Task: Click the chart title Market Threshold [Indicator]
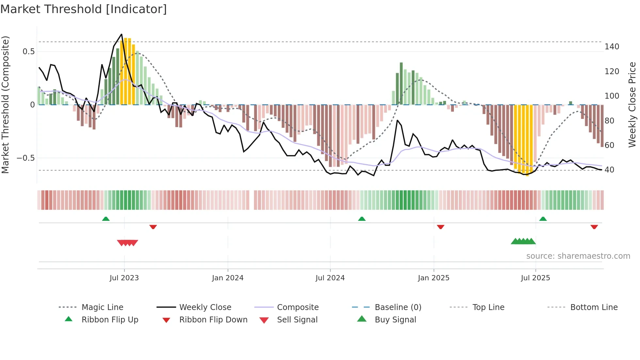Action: [x=84, y=9]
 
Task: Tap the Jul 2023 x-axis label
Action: [x=124, y=278]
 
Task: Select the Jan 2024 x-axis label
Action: [x=228, y=278]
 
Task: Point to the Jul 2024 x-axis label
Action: [x=330, y=278]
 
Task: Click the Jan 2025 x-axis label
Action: [x=433, y=278]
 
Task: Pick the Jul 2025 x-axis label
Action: [x=535, y=278]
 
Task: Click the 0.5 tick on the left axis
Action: [x=28, y=52]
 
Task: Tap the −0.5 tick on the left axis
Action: [x=25, y=158]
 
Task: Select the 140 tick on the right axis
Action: [x=612, y=47]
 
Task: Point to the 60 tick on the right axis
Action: [x=609, y=145]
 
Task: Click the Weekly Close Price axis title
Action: [x=632, y=105]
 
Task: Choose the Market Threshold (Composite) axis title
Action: [x=5, y=105]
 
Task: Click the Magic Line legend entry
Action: [x=102, y=307]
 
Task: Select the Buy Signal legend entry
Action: [x=395, y=320]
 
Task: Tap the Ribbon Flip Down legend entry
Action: [x=213, y=320]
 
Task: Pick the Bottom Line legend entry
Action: [x=594, y=307]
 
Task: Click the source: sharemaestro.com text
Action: [x=578, y=256]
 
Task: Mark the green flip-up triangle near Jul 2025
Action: [x=543, y=219]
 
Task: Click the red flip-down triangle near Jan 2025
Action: [x=440, y=227]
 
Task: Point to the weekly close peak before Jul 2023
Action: [x=121, y=34]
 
